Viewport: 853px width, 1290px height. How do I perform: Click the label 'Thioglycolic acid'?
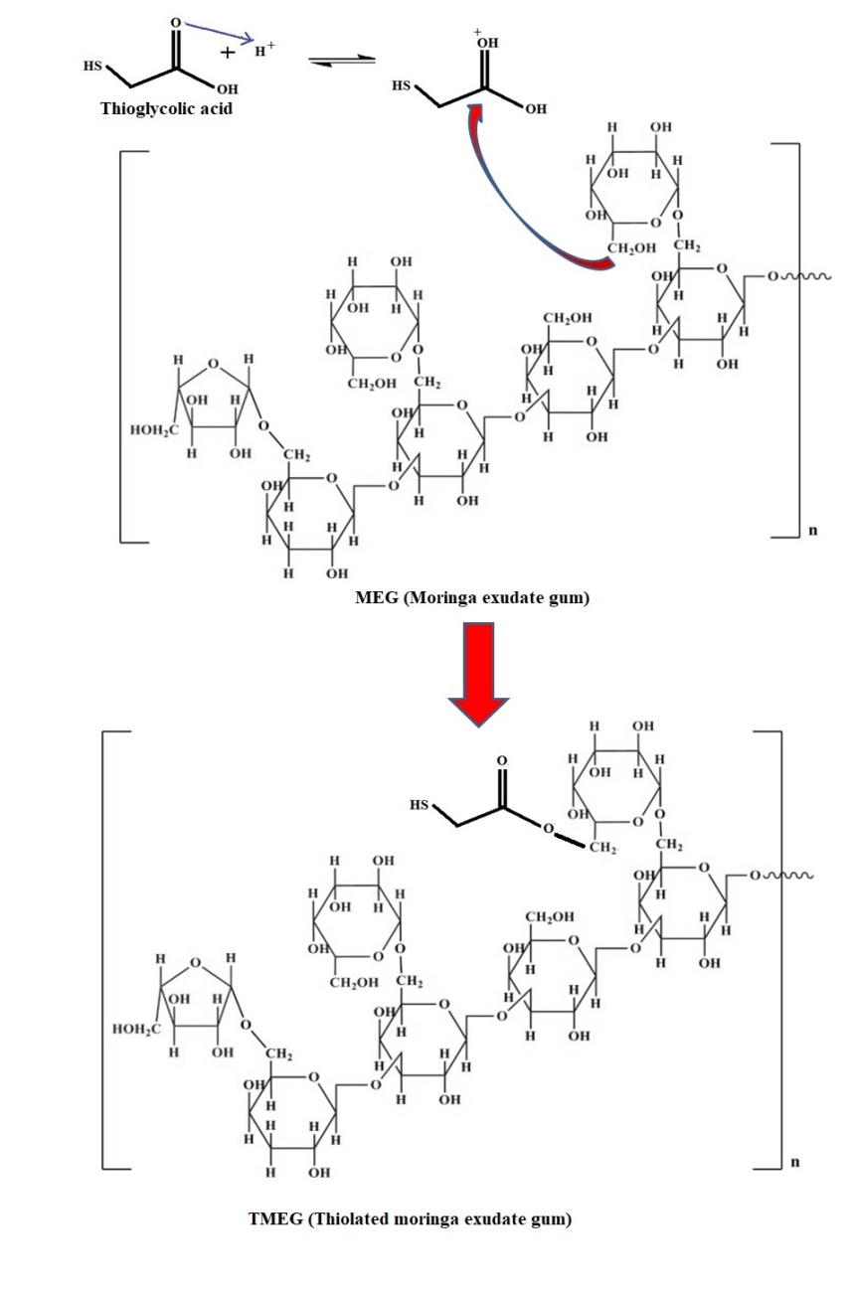pos(166,108)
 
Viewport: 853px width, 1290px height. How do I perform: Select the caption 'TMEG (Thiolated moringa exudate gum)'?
pos(410,1219)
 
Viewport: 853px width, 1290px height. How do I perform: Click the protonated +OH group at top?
pos(487,43)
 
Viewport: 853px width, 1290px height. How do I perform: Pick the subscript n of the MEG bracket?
pos(812,531)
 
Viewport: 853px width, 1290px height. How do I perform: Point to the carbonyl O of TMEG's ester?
pos(501,760)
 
